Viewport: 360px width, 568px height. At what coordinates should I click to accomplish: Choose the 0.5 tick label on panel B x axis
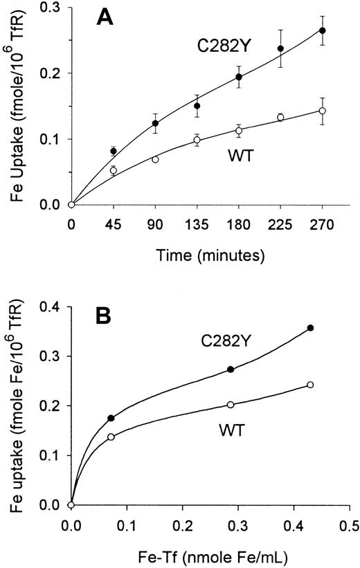pos(349,525)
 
